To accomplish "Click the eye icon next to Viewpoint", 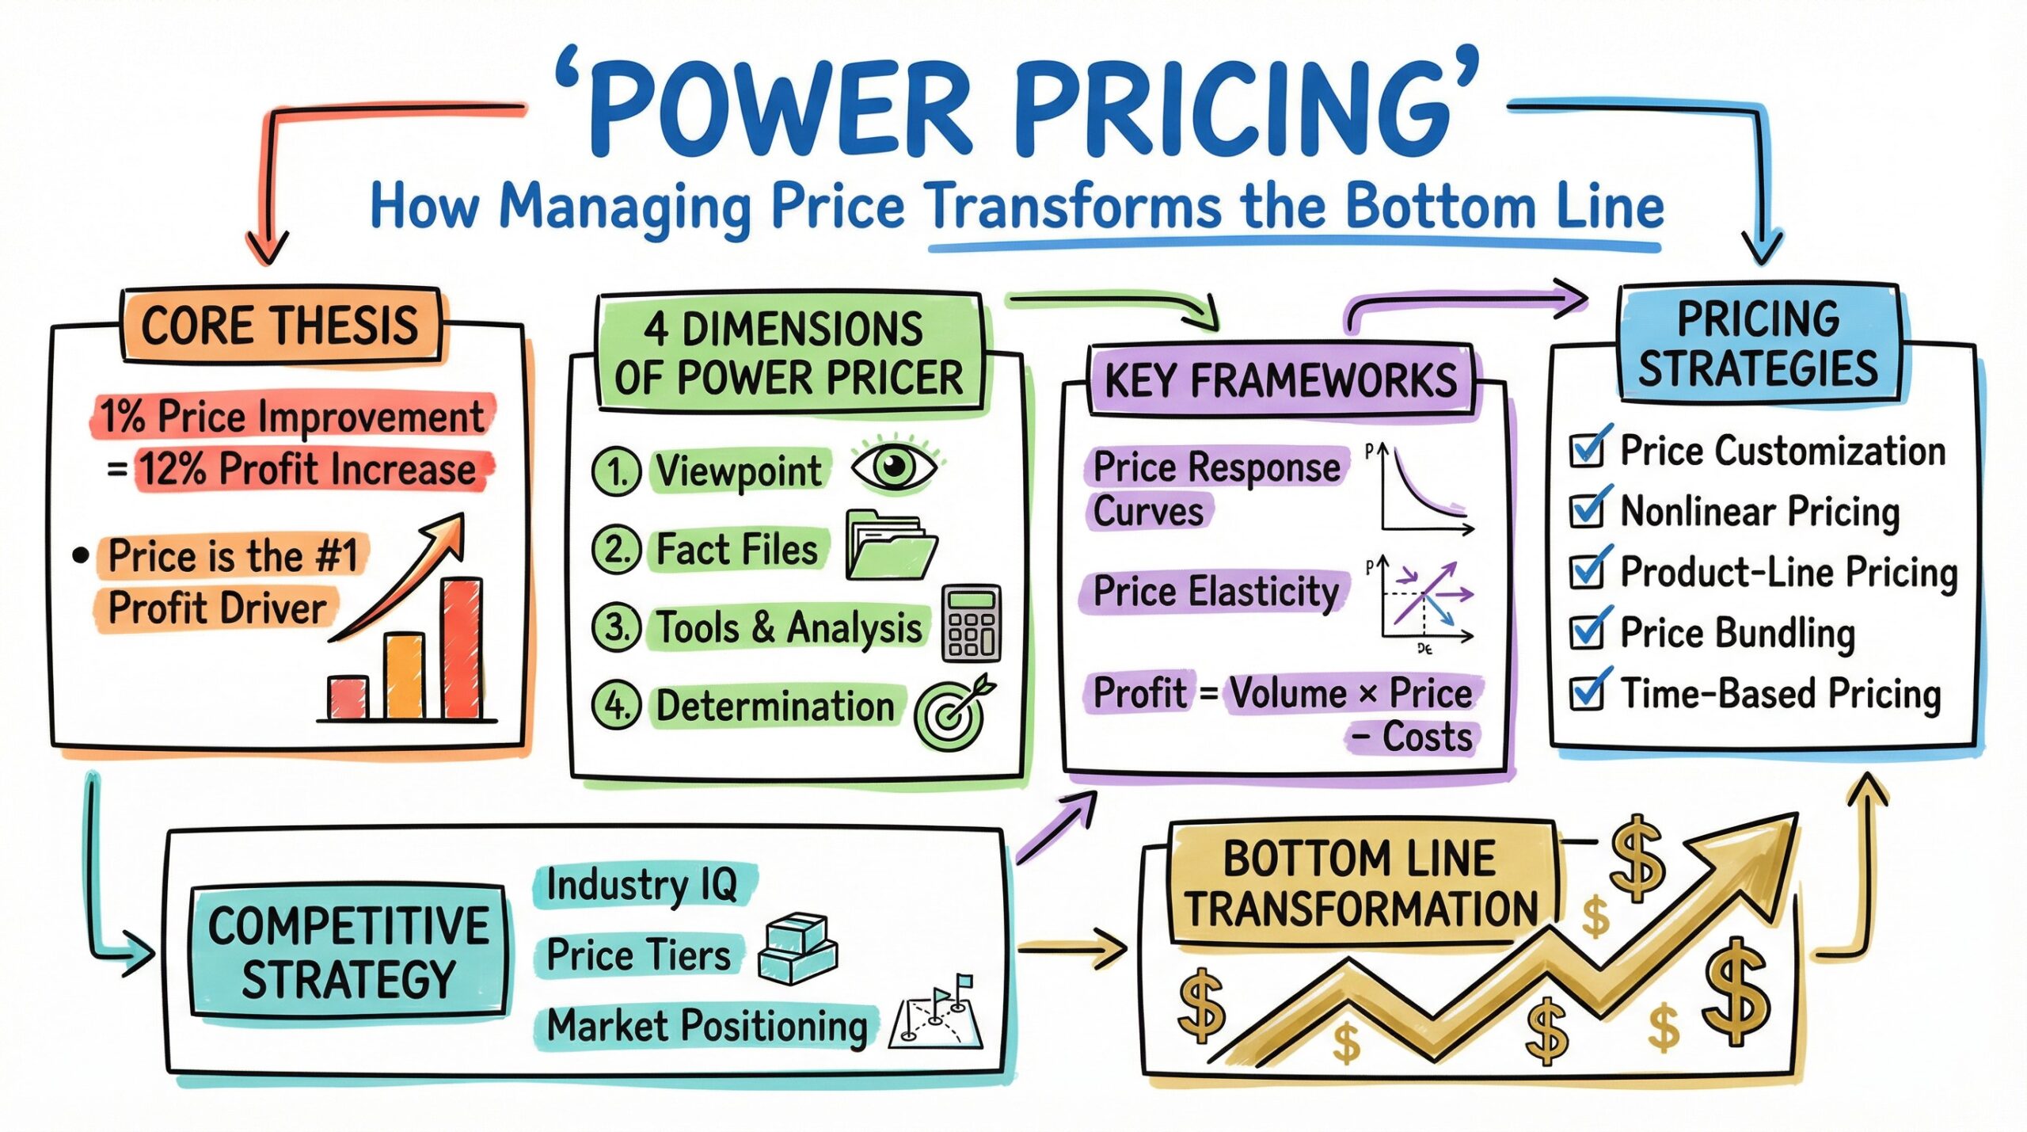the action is (894, 465).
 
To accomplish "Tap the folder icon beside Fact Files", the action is (890, 545).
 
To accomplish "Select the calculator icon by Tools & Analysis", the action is (972, 623).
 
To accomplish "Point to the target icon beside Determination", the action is (953, 712).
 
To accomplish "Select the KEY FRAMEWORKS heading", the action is (1280, 380).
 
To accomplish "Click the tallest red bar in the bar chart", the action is (461, 649).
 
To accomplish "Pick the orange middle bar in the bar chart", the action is (405, 676).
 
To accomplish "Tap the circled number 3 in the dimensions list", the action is (616, 627).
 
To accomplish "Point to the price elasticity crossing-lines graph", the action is (1420, 603).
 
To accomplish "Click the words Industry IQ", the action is (642, 885).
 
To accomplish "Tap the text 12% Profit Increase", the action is (309, 469).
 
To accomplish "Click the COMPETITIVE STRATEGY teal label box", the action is (348, 950).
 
